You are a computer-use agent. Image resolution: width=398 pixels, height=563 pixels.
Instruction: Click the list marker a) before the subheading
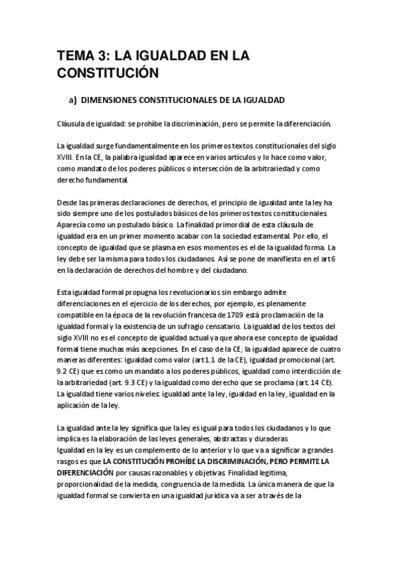(x=74, y=100)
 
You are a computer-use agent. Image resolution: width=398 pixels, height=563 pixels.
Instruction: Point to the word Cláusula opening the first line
(x=70, y=125)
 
